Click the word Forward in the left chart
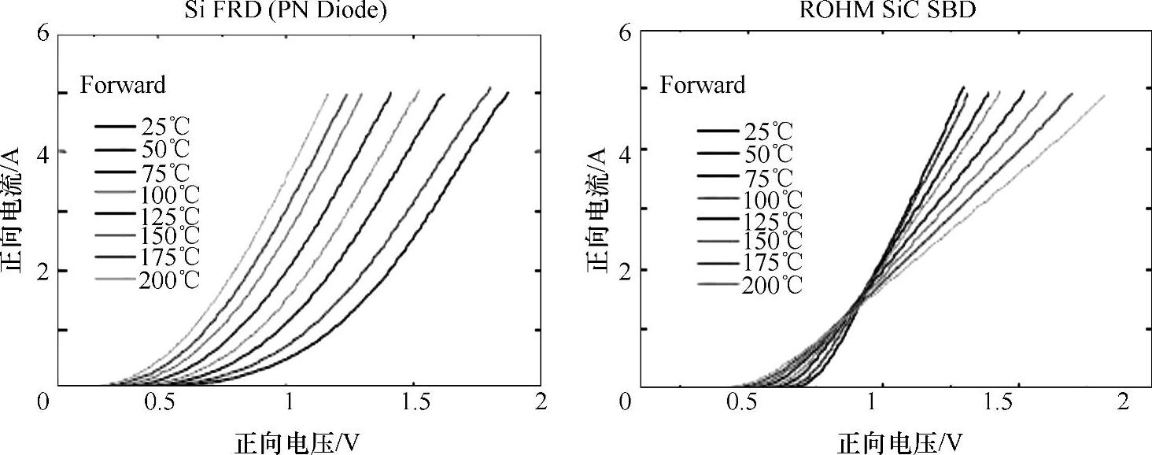point(123,84)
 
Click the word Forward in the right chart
point(702,84)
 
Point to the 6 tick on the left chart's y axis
point(43,33)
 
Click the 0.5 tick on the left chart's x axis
point(167,402)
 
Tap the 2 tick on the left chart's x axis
point(538,402)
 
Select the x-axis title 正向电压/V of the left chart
point(300,442)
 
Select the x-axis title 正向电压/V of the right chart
point(899,442)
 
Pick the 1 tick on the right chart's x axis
point(872,402)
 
